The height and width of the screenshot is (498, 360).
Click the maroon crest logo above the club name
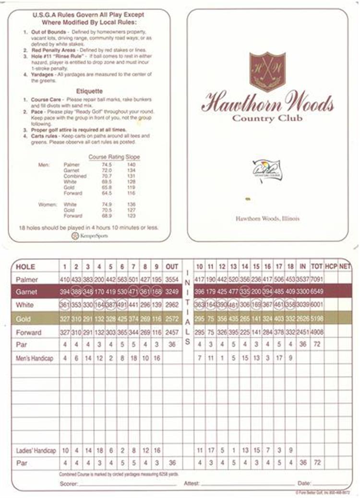click(267, 71)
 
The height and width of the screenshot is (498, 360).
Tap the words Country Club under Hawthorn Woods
click(267, 118)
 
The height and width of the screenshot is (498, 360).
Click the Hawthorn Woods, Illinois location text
click(267, 219)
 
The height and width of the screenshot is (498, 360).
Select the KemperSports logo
click(90, 236)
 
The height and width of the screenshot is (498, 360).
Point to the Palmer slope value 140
click(131, 165)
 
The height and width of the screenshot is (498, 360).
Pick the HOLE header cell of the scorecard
click(25, 267)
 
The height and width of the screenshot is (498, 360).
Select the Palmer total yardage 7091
click(317, 279)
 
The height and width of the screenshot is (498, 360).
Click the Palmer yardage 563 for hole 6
click(122, 279)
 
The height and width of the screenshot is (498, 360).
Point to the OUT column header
click(172, 267)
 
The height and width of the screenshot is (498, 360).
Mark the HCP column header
click(331, 267)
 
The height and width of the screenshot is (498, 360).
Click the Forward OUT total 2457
click(172, 332)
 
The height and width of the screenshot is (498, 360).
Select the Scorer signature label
click(69, 484)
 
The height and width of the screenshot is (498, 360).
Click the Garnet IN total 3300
click(303, 291)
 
